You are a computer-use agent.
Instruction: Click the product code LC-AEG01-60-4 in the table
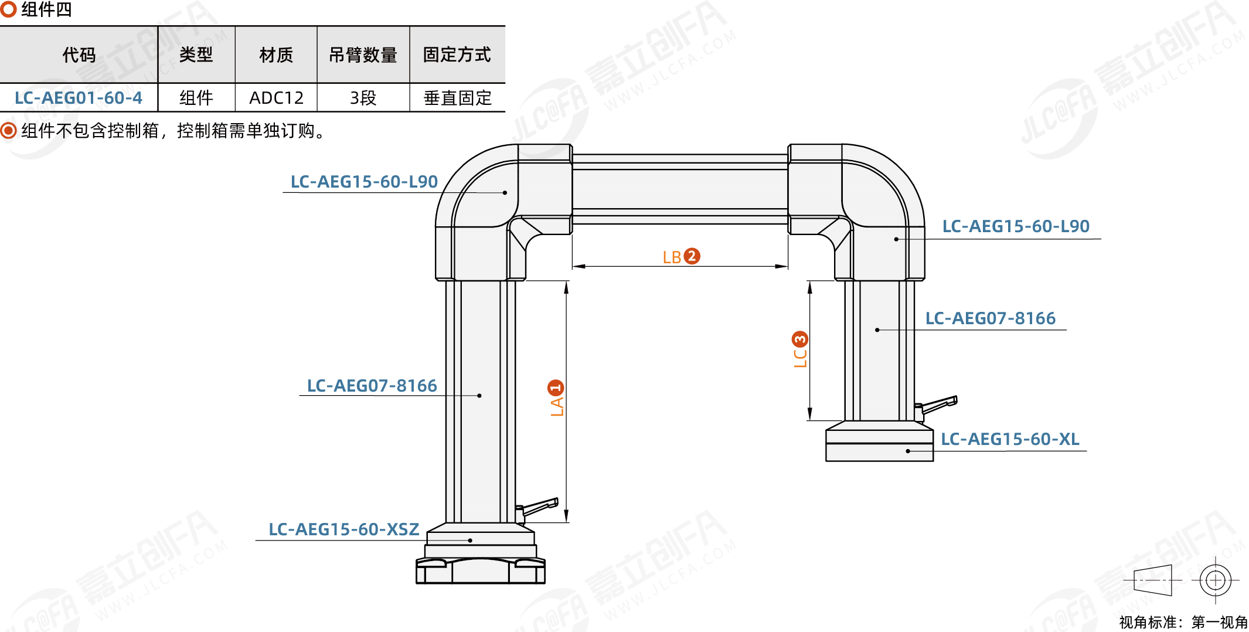pyautogui.click(x=79, y=98)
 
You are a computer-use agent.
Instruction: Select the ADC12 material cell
pyautogui.click(x=276, y=98)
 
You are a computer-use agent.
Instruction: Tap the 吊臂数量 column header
pyautogui.click(x=363, y=55)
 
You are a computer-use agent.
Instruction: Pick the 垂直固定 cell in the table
pyautogui.click(x=457, y=98)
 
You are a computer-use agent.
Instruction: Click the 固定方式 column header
pyautogui.click(x=457, y=55)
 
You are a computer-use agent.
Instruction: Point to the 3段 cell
pyautogui.click(x=363, y=98)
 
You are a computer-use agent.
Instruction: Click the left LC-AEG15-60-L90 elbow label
pyautogui.click(x=364, y=182)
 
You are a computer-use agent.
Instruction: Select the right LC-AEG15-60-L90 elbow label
pyautogui.click(x=1015, y=226)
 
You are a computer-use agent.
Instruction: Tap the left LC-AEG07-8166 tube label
pyautogui.click(x=372, y=386)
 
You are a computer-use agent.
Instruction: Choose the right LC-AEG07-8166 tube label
pyautogui.click(x=990, y=318)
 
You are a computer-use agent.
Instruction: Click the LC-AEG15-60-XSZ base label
pyautogui.click(x=343, y=529)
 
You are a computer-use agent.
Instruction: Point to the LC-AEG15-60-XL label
pyautogui.click(x=1009, y=439)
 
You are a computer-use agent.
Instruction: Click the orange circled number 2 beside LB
pyautogui.click(x=692, y=256)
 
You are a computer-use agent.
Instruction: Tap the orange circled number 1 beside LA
pyautogui.click(x=555, y=388)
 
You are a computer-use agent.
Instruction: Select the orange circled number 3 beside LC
pyautogui.click(x=799, y=339)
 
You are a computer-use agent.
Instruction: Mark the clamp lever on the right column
pyautogui.click(x=938, y=404)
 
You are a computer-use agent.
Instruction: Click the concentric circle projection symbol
pyautogui.click(x=1215, y=580)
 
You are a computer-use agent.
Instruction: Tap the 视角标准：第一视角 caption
pyautogui.click(x=1183, y=622)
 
